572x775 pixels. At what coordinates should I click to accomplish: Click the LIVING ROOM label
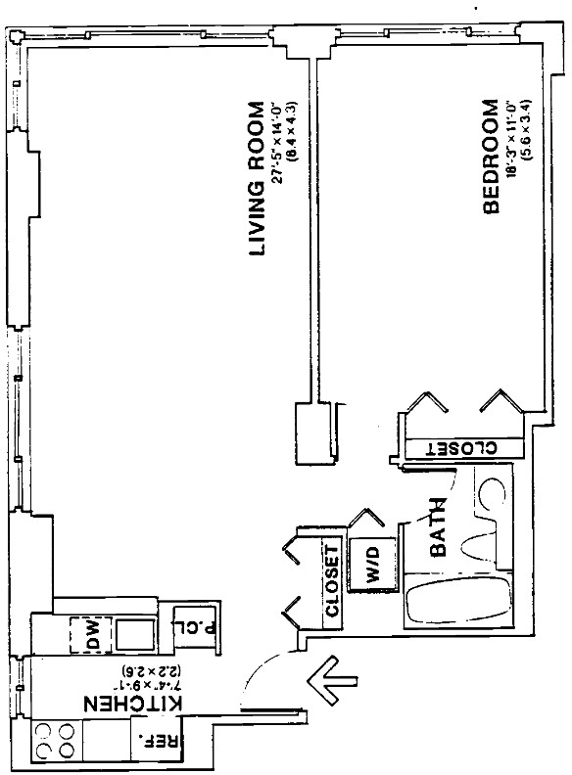coord(258,179)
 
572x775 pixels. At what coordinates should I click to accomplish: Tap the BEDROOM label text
coord(492,155)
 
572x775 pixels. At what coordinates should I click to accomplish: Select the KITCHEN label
coord(133,706)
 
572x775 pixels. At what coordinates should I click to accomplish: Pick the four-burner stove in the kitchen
coord(56,740)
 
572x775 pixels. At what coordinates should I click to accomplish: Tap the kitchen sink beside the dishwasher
coord(134,635)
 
